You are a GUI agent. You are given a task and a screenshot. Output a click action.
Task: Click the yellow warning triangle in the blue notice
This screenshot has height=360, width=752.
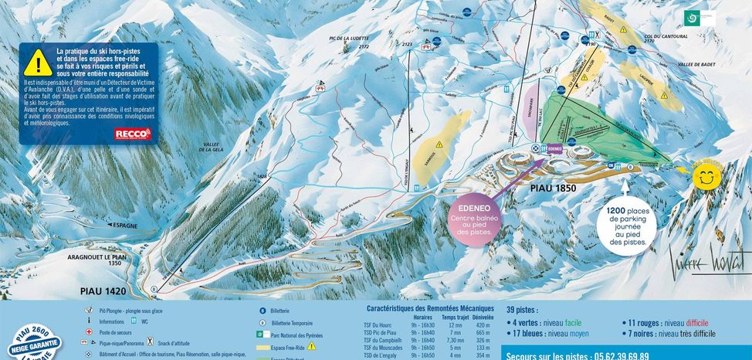tap(38, 62)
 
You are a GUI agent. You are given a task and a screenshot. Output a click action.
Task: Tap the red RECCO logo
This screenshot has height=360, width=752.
tap(133, 134)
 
